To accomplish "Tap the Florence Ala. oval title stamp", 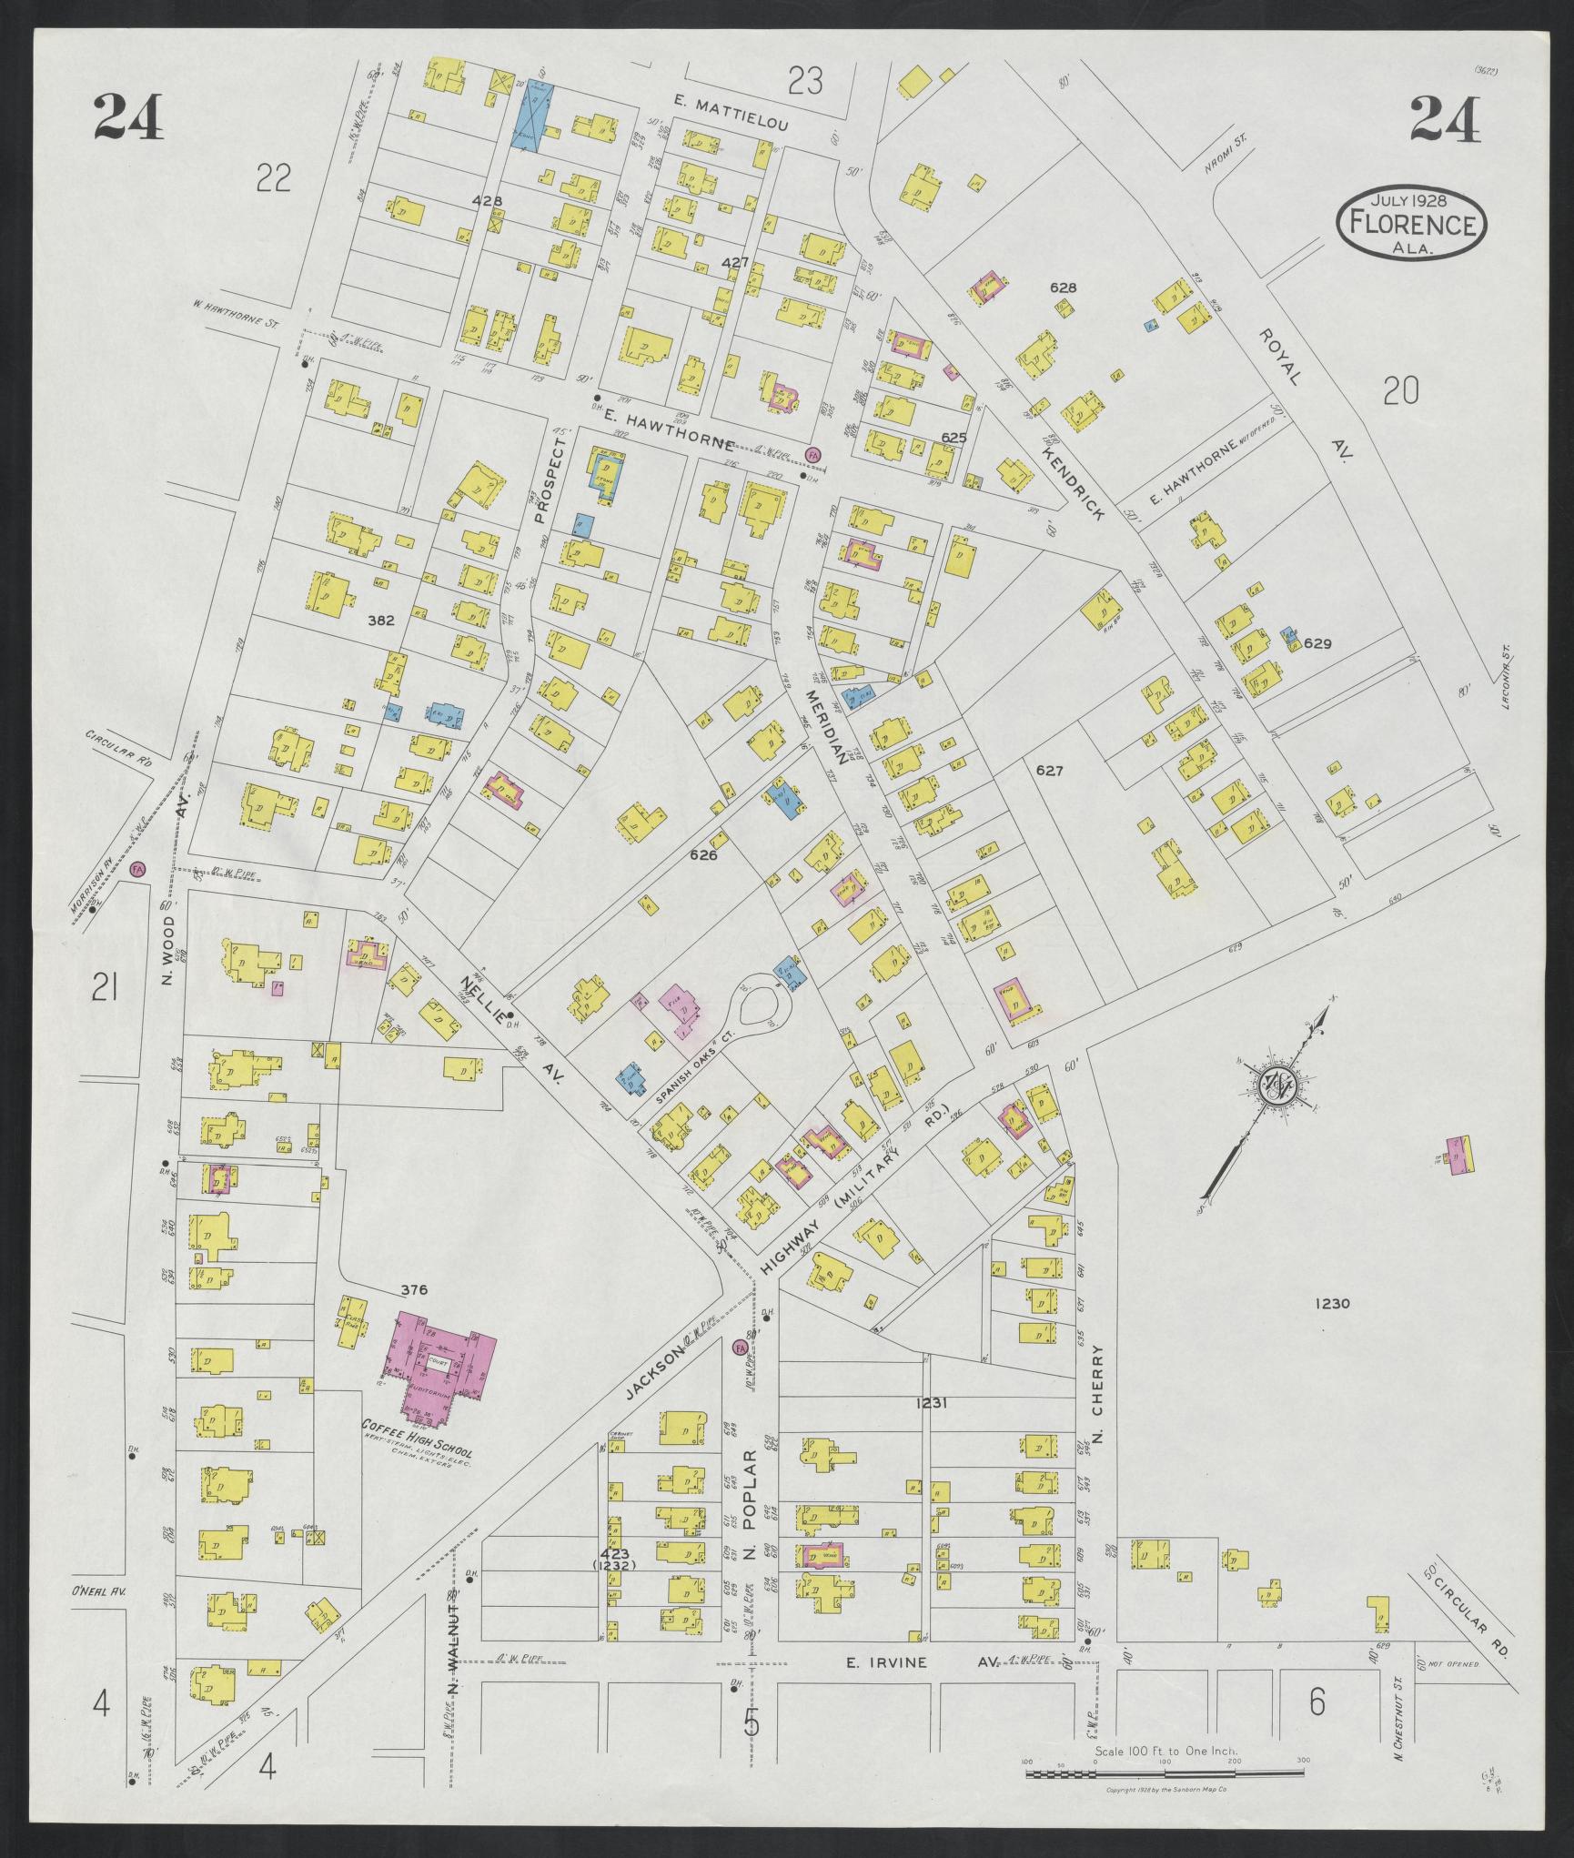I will (1410, 223).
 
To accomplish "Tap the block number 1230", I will (1332, 1304).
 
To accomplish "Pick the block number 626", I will (703, 855).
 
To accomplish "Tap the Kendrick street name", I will (1074, 482).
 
